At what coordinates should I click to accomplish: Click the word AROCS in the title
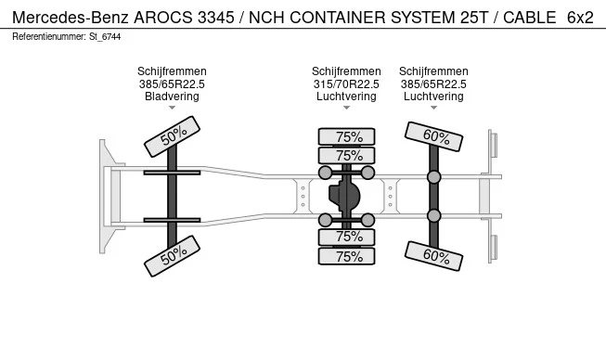point(162,18)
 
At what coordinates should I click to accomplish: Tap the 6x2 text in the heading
point(580,18)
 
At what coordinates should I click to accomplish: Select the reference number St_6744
point(105,37)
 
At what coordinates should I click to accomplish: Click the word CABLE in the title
point(530,18)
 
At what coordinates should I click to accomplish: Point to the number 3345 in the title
point(215,18)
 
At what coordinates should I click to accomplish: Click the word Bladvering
point(172,96)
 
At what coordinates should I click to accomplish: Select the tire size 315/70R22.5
point(346,84)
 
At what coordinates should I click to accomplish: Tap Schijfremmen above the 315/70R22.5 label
point(346,71)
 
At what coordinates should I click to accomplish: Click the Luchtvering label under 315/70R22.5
point(346,96)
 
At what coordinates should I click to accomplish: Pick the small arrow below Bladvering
point(172,108)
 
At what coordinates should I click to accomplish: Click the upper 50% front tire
point(172,136)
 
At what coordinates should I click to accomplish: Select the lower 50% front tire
point(172,256)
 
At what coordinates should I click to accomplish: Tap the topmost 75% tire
point(346,136)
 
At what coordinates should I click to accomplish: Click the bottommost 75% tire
point(346,256)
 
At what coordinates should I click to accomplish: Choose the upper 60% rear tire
point(433,136)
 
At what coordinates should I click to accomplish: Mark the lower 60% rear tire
point(433,256)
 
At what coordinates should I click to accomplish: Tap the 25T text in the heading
point(474,18)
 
